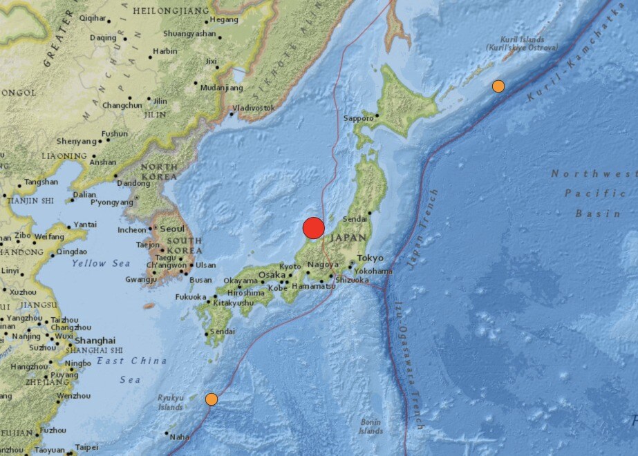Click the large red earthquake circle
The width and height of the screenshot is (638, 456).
(313, 228)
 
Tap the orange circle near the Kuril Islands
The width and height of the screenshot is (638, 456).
(498, 86)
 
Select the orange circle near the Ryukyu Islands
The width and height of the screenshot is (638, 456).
(212, 399)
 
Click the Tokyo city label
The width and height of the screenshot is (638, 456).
(370, 258)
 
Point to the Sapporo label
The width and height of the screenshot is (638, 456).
(358, 118)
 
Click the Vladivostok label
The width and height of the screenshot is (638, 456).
(253, 108)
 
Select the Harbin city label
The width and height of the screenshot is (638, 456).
(165, 51)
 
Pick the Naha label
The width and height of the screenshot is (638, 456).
(178, 437)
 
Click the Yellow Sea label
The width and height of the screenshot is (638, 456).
(100, 263)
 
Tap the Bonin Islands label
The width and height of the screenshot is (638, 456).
(371, 426)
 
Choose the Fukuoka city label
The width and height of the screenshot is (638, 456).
(191, 297)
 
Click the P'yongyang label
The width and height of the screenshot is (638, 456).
(111, 202)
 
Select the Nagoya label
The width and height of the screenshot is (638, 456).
(323, 265)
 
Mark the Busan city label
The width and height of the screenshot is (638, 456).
(200, 280)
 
